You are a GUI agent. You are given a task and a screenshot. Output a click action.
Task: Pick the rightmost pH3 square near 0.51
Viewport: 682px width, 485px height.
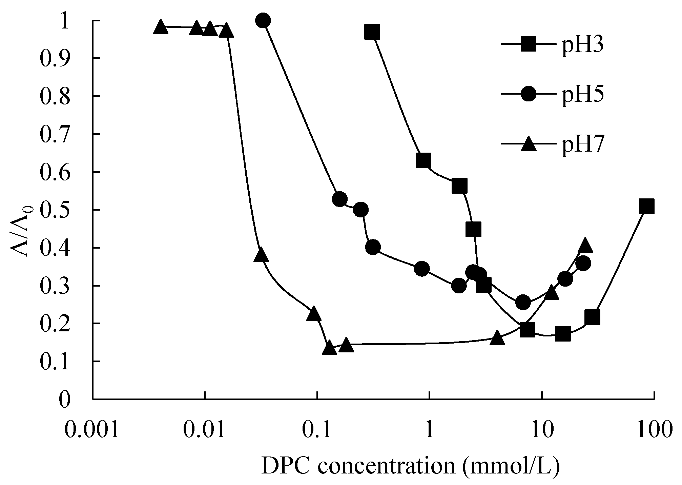point(646,206)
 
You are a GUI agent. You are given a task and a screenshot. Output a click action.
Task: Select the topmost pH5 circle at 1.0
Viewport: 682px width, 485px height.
point(263,21)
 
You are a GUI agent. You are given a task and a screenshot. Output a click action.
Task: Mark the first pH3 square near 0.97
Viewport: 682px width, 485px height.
point(372,32)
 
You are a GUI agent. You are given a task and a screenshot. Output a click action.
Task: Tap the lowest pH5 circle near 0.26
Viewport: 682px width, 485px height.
point(523,302)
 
